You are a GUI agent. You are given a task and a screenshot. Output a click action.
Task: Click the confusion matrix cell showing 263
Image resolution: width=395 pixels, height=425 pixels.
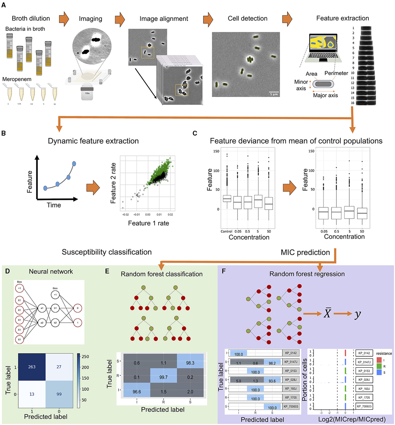point(32,367)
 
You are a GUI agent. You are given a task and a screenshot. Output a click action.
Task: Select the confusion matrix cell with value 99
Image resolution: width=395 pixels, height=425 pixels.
point(59,394)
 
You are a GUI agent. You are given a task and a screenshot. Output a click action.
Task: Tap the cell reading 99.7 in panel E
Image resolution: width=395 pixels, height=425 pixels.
point(163,377)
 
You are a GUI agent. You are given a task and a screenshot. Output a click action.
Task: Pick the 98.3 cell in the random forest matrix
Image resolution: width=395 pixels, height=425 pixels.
point(190,363)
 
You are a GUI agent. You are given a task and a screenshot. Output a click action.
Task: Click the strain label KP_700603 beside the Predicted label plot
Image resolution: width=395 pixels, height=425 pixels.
point(291,407)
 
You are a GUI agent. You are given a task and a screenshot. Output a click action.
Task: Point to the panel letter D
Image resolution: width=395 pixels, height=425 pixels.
point(7,271)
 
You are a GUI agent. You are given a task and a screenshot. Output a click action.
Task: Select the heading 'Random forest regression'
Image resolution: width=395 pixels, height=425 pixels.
point(307,274)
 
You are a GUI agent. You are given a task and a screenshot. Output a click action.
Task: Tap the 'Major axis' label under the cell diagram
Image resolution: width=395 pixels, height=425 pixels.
point(325,95)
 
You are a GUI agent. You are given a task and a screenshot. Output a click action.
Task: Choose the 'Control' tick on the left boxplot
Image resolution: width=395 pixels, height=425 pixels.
point(226,231)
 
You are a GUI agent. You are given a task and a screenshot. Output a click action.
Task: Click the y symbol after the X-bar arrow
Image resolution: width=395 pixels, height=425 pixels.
point(357,314)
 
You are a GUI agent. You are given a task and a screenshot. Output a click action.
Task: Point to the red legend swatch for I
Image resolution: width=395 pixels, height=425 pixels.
point(379,360)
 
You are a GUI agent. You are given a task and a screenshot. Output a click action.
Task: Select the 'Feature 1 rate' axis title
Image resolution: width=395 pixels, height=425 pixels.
point(148,223)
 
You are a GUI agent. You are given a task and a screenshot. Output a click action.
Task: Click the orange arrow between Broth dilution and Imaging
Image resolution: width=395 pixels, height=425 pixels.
point(64,19)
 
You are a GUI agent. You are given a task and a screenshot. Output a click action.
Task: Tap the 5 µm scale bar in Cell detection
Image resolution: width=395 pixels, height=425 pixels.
point(274,93)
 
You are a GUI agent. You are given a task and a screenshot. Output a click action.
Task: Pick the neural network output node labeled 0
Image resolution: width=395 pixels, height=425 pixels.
point(78,308)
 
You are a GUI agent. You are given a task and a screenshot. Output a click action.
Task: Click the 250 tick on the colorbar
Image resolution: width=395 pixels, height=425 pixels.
point(85,357)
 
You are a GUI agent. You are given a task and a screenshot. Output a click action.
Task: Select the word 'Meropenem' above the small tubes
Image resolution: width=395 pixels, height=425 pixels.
point(17,79)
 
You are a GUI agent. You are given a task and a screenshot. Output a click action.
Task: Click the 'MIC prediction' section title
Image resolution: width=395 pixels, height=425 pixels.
point(305,252)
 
